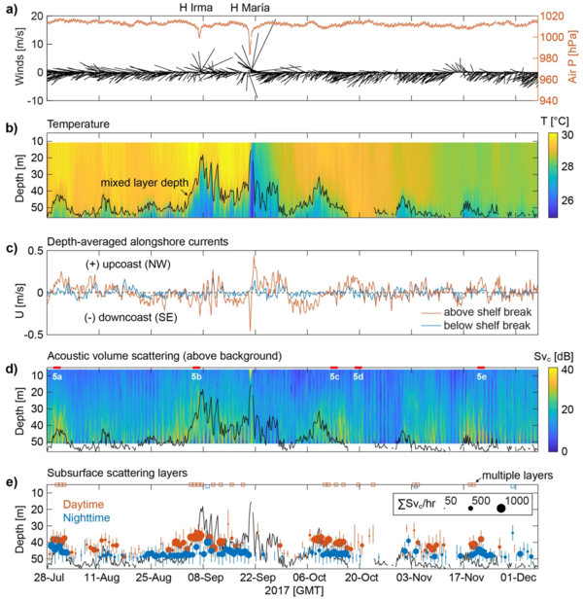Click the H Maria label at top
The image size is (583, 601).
pos(250,8)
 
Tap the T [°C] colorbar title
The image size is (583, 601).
pos(553,121)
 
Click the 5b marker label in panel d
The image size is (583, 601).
pos(196,374)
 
